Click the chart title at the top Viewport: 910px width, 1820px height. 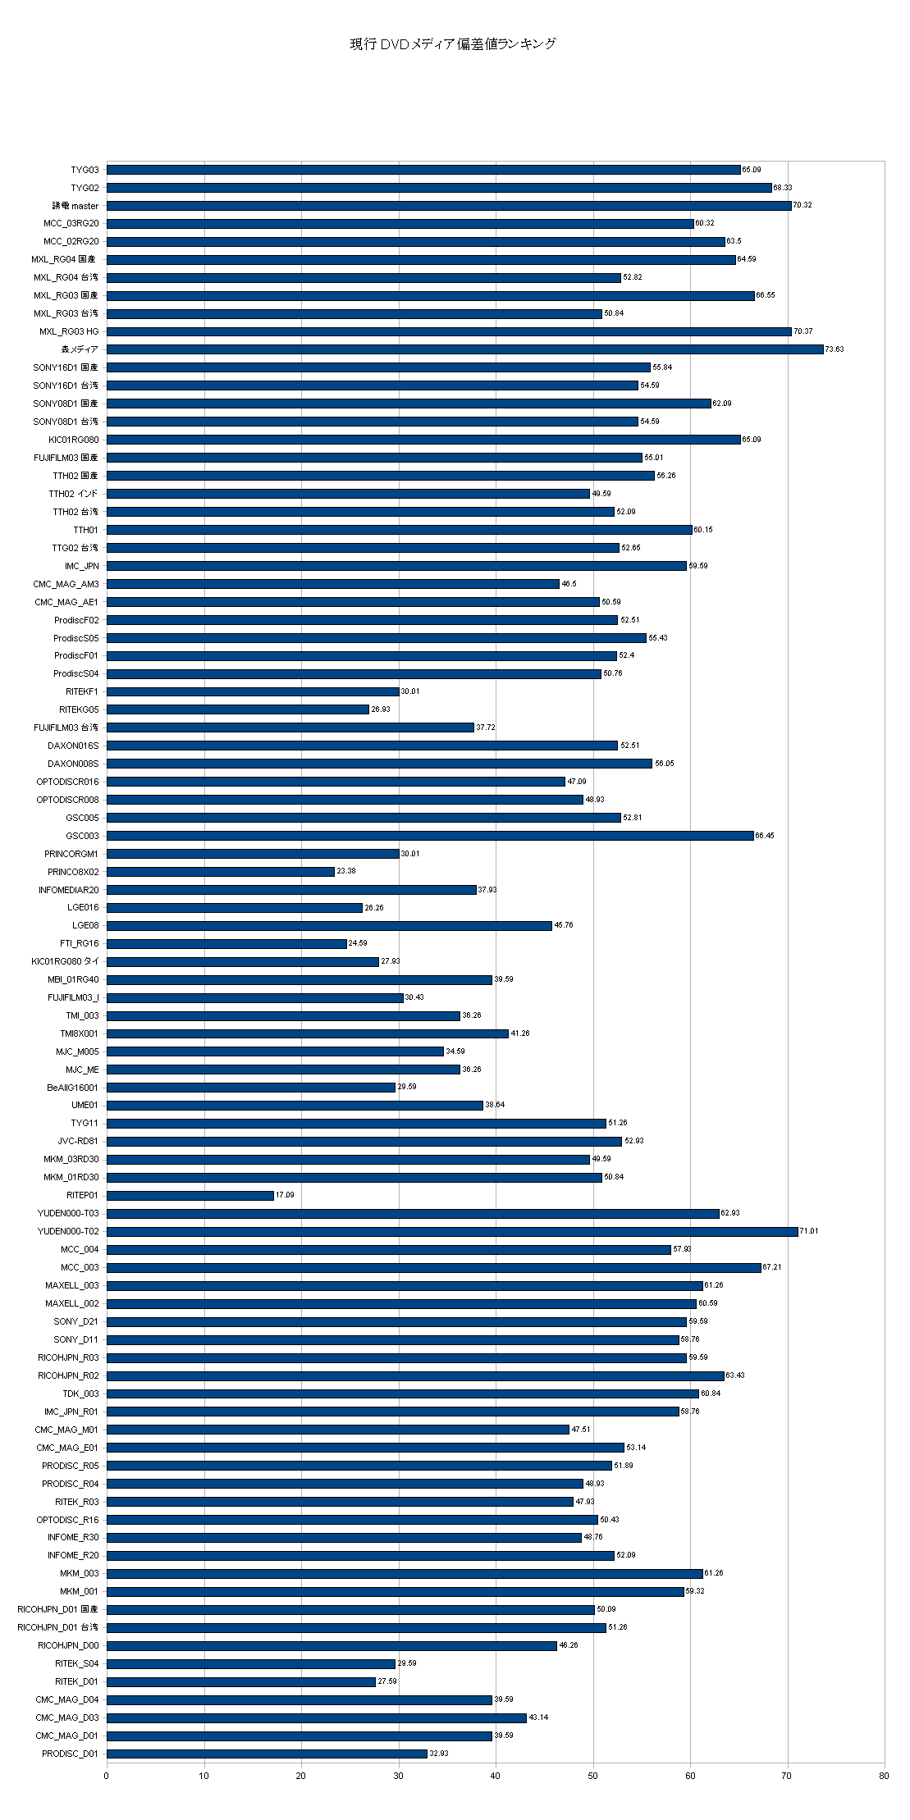(453, 44)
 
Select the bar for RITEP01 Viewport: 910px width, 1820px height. (190, 1195)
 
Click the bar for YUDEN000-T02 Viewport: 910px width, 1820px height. (452, 1231)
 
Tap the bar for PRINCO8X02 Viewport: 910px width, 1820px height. (221, 871)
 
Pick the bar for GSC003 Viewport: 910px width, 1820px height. (430, 835)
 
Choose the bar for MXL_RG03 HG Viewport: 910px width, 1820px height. (449, 331)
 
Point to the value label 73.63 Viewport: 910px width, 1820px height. (834, 349)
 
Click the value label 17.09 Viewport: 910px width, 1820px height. (284, 1195)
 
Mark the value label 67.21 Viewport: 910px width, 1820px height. (773, 1267)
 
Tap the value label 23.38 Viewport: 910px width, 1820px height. (346, 871)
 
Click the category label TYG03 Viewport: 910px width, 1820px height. (85, 170)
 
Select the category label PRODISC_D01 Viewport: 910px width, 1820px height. (71, 1754)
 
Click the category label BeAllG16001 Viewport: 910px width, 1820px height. (73, 1088)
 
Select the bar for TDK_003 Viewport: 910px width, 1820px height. (402, 1394)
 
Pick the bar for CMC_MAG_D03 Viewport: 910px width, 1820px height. (317, 1717)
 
